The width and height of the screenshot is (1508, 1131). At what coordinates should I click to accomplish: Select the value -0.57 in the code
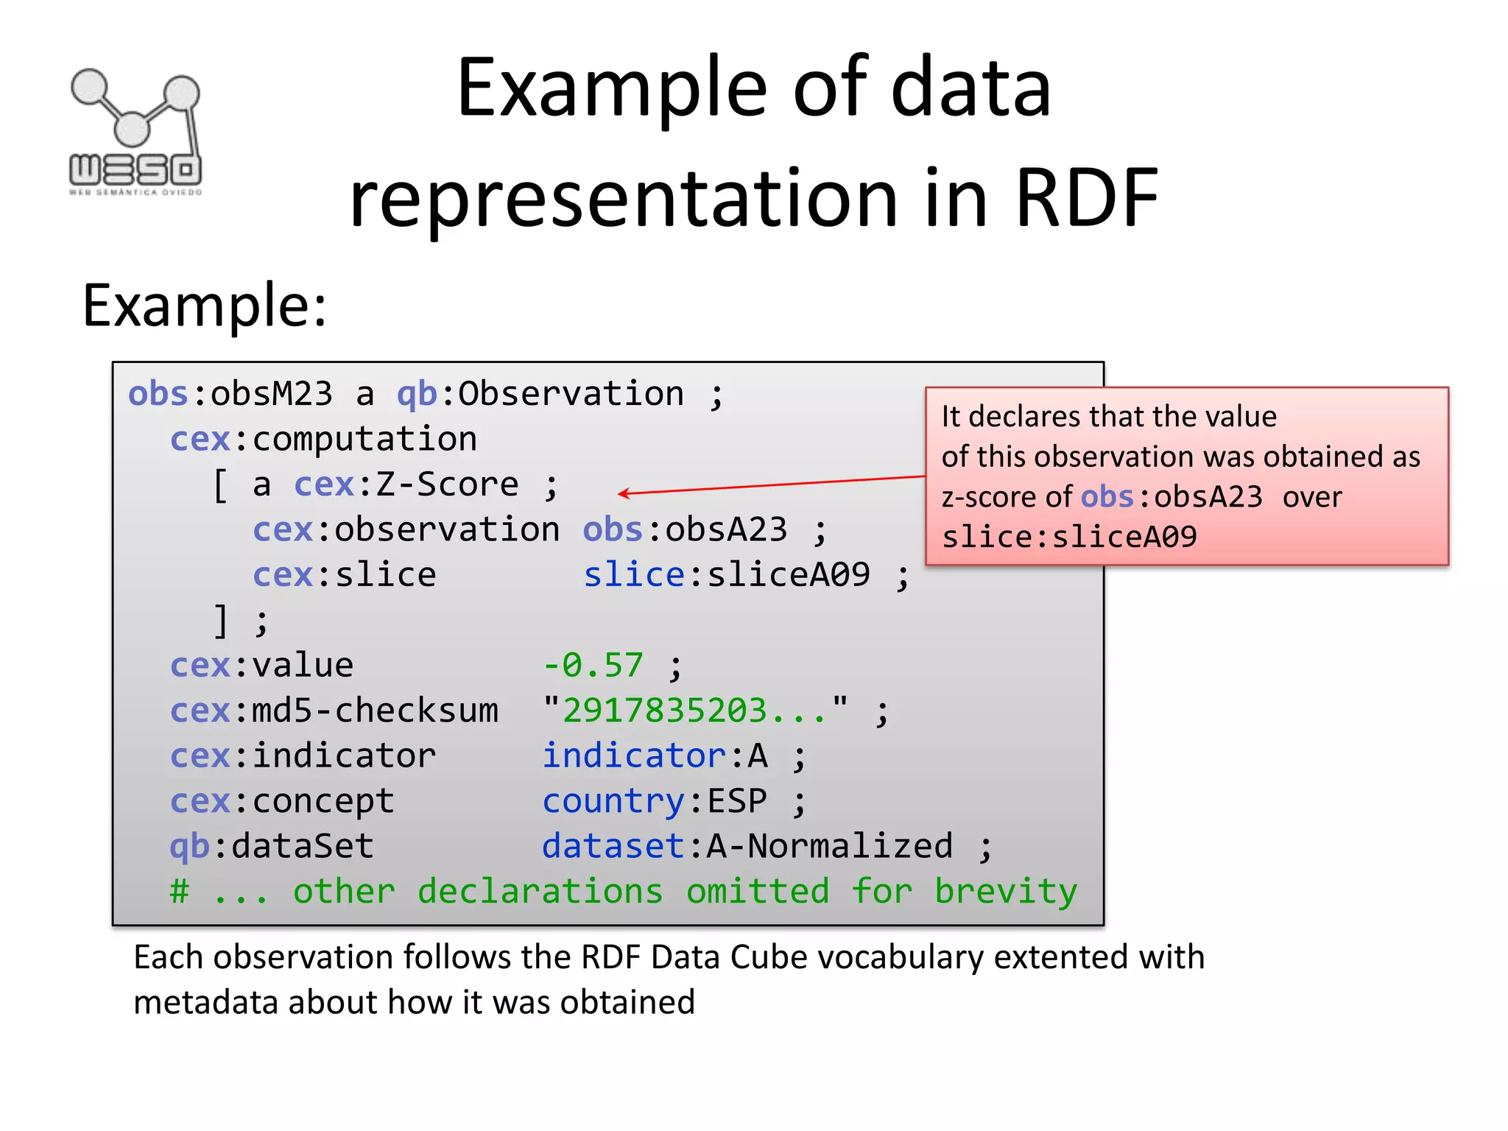click(593, 666)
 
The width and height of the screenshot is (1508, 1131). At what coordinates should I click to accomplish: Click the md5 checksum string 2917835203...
click(694, 711)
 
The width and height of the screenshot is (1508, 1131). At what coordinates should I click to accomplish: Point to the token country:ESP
click(655, 802)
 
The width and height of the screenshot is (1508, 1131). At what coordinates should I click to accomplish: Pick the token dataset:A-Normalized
click(747, 847)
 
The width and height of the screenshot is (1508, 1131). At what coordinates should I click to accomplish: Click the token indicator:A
click(655, 757)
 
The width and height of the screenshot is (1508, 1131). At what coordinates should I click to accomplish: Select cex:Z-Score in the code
click(406, 485)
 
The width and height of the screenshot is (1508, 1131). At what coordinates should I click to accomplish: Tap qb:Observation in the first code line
click(540, 395)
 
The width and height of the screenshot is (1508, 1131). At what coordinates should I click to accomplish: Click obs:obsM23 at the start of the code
click(230, 395)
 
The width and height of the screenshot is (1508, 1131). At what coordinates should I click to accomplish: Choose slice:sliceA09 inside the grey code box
click(726, 576)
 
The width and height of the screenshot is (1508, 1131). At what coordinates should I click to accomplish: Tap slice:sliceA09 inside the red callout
click(1069, 538)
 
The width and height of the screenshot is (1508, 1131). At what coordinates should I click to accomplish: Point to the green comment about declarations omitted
click(623, 892)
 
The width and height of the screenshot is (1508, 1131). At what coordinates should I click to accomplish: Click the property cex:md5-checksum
click(334, 711)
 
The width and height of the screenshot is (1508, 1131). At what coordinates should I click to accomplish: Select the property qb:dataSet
click(272, 847)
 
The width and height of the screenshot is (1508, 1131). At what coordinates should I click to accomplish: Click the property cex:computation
click(323, 440)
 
